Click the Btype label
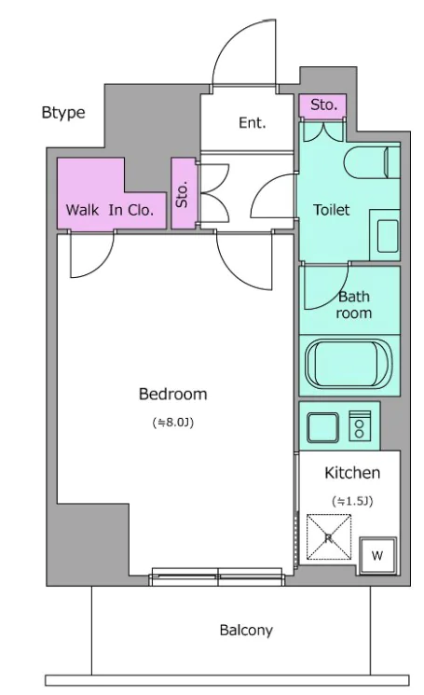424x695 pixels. coord(63,113)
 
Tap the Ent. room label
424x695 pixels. coord(253,122)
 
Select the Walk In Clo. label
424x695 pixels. coord(110,210)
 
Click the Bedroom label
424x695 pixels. coord(173,394)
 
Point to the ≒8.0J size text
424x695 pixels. coord(173,423)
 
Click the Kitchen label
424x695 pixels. coord(352,473)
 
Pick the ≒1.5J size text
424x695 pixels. coord(352,501)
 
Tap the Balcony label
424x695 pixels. coord(246,630)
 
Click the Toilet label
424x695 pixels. coord(332,209)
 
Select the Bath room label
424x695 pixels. coord(353,304)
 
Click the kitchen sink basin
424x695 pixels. coord(323,427)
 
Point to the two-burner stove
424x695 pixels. coord(360,426)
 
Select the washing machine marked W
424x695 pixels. coord(377,555)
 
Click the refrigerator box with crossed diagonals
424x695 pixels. coord(329,536)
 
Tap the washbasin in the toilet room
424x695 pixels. coord(388,236)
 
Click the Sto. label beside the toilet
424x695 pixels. coord(323,105)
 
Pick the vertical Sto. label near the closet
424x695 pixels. coord(182,194)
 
